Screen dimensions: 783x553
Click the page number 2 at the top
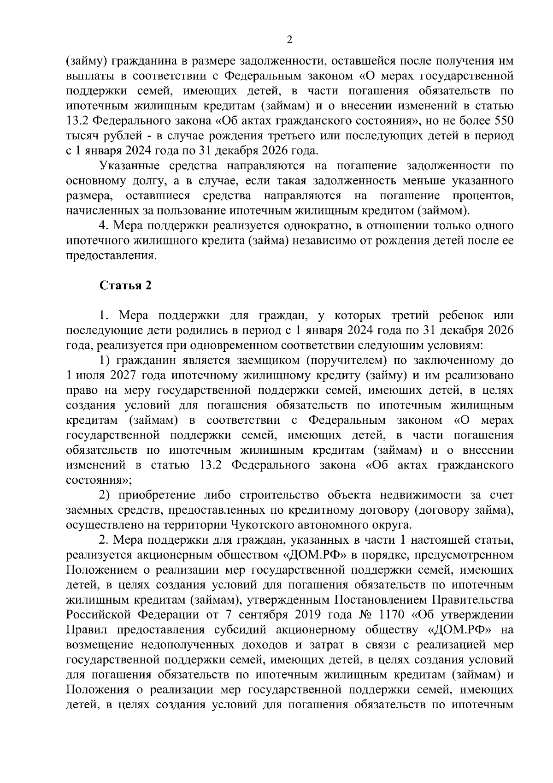[x=289, y=40]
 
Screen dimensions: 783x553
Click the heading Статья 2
[x=125, y=285]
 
